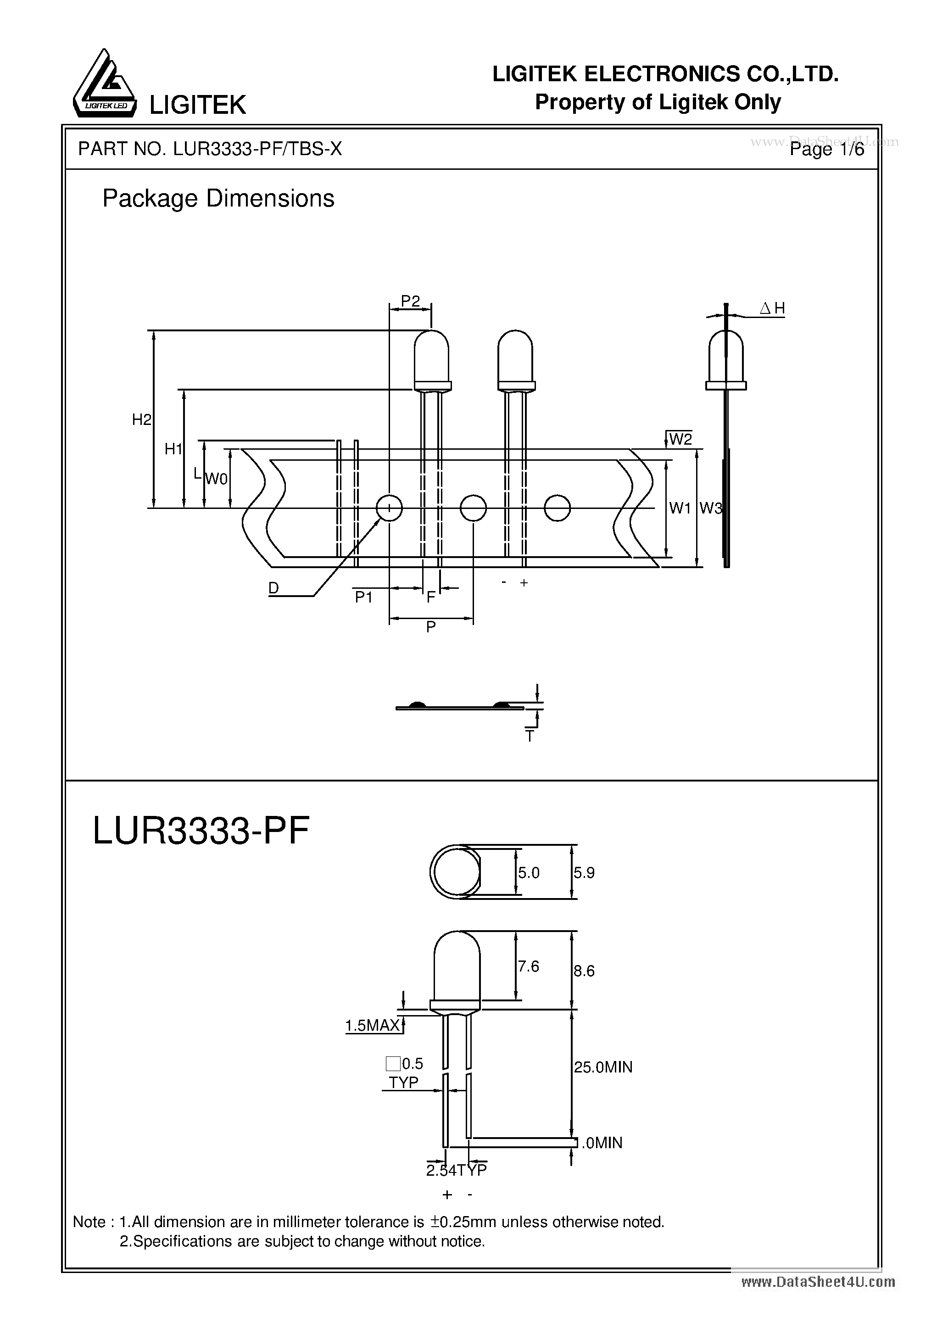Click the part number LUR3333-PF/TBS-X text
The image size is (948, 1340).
click(210, 150)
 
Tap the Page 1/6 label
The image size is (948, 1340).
click(826, 150)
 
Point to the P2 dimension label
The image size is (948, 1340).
click(410, 301)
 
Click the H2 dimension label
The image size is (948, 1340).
click(141, 419)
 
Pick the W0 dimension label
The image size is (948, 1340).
click(217, 479)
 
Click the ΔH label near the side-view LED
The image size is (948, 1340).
click(772, 309)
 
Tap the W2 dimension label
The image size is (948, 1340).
click(680, 439)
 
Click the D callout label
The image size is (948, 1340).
click(273, 588)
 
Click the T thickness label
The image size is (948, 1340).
click(530, 737)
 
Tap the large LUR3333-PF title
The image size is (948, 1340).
click(201, 831)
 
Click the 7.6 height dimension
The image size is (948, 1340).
click(528, 966)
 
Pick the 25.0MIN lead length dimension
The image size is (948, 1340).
click(603, 1067)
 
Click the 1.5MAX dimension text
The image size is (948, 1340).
click(372, 1026)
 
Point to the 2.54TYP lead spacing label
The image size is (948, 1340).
click(457, 1170)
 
